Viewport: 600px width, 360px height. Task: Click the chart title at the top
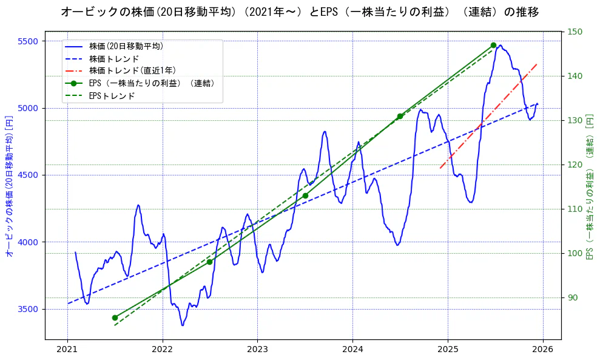click(300, 12)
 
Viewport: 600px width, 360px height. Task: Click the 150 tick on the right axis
click(575, 32)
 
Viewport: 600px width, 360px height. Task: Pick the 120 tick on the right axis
click(575, 165)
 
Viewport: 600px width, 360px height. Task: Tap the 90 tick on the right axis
click(573, 297)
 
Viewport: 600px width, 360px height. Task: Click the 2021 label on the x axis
click(67, 350)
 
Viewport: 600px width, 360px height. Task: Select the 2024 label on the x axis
click(352, 350)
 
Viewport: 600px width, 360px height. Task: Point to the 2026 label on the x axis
click(543, 350)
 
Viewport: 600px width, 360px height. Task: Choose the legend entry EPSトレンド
click(112, 96)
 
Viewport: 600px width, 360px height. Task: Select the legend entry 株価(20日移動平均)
click(126, 46)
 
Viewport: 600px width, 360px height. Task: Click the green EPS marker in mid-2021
click(115, 318)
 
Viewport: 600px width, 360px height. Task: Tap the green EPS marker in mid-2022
click(209, 262)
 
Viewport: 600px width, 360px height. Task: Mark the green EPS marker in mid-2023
click(305, 195)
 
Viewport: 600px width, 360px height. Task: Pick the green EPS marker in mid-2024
click(400, 116)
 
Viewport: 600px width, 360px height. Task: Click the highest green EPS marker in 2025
click(493, 45)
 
